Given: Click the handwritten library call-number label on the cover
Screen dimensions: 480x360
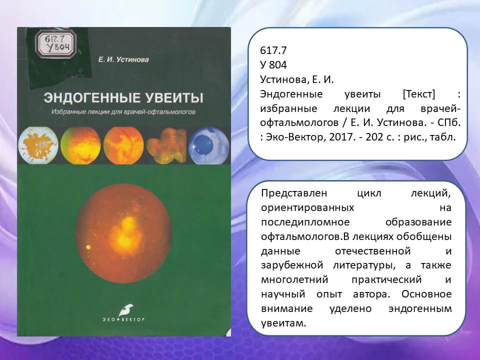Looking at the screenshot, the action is tap(55, 43).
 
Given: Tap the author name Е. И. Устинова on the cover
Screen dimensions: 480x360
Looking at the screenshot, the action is tap(123, 59).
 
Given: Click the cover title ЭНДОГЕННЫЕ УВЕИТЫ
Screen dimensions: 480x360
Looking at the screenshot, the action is tap(123, 97).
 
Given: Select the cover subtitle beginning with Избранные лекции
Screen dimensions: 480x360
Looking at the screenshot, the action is tap(123, 112).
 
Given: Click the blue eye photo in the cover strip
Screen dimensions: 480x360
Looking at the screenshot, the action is tap(209, 145).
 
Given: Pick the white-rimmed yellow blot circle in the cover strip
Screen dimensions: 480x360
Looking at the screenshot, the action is tap(38, 145).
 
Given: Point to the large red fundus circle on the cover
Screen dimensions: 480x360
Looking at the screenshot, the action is tap(123, 233).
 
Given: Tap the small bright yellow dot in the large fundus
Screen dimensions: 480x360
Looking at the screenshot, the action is tap(88, 247).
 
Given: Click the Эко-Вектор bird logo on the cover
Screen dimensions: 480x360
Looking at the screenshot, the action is tap(125, 310).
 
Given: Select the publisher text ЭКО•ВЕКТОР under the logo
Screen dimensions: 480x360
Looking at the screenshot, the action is tap(123, 319).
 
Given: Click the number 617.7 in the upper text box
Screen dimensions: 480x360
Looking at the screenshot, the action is tap(273, 50).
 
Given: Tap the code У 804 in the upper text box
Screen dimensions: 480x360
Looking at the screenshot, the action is tap(273, 65).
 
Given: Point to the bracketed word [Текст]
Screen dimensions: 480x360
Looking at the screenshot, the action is tap(419, 94).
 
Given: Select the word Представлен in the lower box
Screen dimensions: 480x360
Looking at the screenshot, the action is tap(294, 193).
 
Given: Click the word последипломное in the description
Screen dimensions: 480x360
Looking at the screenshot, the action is tap(305, 222).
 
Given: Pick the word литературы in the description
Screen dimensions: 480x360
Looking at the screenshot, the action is tap(364, 265).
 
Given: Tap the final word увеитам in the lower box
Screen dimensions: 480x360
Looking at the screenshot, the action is tap(283, 323).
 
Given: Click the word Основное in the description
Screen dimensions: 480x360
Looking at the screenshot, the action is tap(426, 294).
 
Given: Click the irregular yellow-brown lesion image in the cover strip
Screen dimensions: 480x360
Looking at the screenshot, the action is tap(166, 145).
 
